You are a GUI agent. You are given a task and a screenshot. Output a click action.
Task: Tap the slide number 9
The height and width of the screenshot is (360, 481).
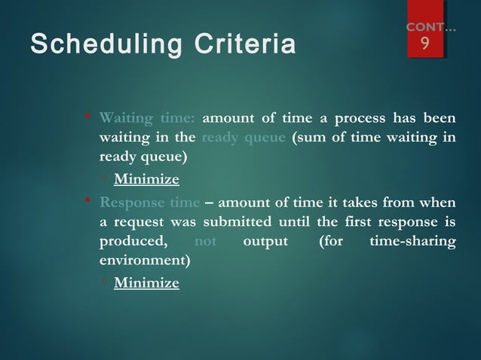pos(425,45)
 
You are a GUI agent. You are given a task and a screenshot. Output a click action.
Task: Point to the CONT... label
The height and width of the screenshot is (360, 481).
pos(430,27)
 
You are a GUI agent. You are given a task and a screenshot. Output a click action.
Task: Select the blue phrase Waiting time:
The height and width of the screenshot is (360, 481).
pos(147,117)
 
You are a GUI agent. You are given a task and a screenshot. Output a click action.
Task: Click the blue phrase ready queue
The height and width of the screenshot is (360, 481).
pos(238,137)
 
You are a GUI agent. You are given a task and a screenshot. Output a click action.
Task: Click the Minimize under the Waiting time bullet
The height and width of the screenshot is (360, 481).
pos(146,179)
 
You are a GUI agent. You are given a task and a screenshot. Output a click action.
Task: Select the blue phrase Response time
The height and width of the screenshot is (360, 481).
pos(150,202)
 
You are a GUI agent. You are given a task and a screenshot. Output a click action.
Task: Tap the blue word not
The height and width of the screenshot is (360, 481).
pos(206,242)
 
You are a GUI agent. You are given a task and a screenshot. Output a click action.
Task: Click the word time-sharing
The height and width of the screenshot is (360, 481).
pos(412,242)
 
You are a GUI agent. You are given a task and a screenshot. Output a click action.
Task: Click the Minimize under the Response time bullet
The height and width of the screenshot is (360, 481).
pos(146,283)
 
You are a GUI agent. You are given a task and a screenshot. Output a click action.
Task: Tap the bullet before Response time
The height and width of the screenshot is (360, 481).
pos(87,202)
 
